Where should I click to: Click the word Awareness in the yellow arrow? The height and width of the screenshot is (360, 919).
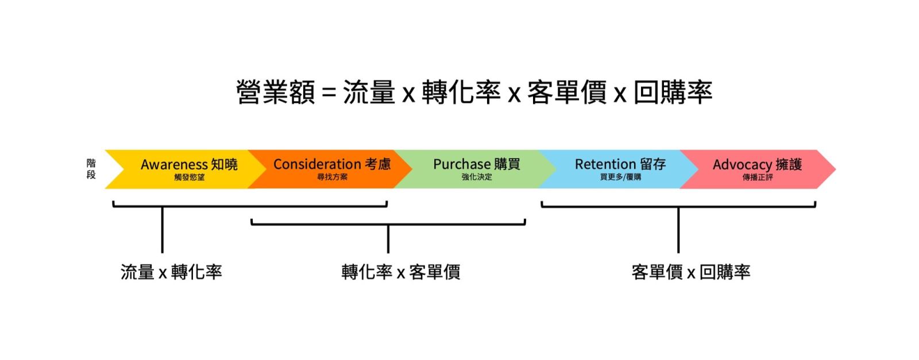pos(174,165)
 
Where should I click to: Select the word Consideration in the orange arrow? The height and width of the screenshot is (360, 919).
pos(317,164)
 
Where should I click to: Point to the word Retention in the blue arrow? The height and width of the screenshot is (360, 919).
pos(605,164)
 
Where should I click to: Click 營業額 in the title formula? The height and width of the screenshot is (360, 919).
pos(275,92)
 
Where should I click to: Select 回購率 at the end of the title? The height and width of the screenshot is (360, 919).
pos(673,92)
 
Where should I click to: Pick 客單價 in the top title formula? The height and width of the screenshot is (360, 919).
pos(566,92)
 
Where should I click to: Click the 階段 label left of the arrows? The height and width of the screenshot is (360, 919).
pos(91,169)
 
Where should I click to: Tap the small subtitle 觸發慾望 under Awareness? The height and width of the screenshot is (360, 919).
pos(190,177)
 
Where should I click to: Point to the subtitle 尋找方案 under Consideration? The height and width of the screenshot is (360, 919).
pos(332,177)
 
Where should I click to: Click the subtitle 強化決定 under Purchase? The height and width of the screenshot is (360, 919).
pos(477,177)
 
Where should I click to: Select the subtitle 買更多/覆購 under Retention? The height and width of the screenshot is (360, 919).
pos(620,177)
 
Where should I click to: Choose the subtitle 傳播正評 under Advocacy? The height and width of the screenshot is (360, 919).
pos(758,177)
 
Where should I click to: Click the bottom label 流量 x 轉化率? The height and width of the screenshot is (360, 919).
pos(171,272)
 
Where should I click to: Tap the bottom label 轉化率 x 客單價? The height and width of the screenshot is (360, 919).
pos(400,272)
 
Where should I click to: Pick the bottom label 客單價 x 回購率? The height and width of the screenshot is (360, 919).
pos(690,272)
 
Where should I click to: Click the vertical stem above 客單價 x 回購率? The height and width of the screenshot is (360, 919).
pos(678,230)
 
